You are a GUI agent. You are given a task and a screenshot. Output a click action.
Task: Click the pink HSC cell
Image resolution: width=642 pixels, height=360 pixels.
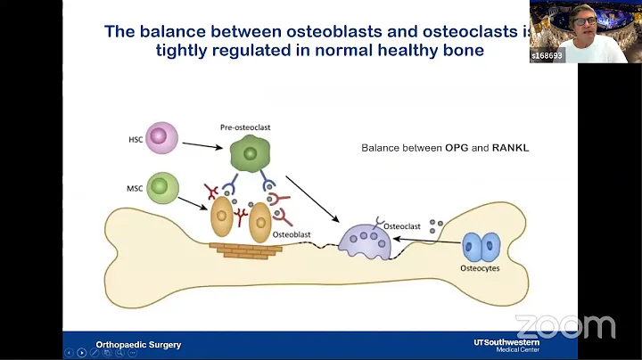pyautogui.click(x=160, y=138)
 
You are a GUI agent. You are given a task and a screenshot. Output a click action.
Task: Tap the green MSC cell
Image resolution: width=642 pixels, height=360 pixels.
pyautogui.click(x=160, y=187)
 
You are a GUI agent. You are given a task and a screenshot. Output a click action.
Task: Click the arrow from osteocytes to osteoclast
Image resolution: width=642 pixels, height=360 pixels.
pyautogui.click(x=429, y=240)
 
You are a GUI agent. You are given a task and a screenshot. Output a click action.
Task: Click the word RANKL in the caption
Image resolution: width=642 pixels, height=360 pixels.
pyautogui.click(x=508, y=148)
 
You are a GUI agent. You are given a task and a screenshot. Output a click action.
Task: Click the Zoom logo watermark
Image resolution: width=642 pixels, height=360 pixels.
pyautogui.click(x=564, y=326)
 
